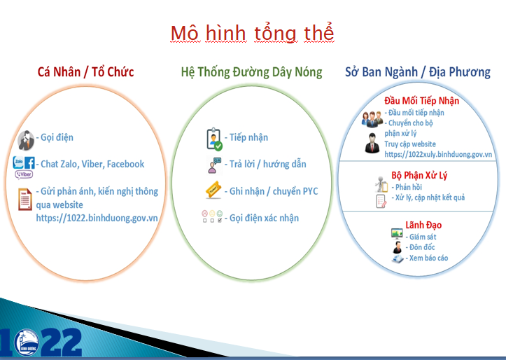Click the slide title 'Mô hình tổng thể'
point(253,33)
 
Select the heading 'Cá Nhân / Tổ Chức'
point(85,71)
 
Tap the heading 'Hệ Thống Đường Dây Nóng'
point(251,72)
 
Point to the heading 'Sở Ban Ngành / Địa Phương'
point(418,71)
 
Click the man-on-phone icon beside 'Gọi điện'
point(26,141)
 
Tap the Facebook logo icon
point(29,162)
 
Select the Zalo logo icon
point(18,162)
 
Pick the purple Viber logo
point(24,174)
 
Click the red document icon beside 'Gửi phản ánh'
point(25,199)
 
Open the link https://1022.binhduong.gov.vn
point(97,218)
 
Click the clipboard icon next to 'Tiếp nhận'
point(214,139)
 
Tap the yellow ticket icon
point(213,190)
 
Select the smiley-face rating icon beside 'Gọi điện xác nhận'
point(212,216)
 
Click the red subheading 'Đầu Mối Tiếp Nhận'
point(422,101)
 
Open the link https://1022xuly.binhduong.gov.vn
point(438,154)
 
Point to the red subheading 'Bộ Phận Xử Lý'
point(419,175)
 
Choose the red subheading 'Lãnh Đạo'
point(423,225)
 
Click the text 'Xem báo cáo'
point(428,258)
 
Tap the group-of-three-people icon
point(372,119)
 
